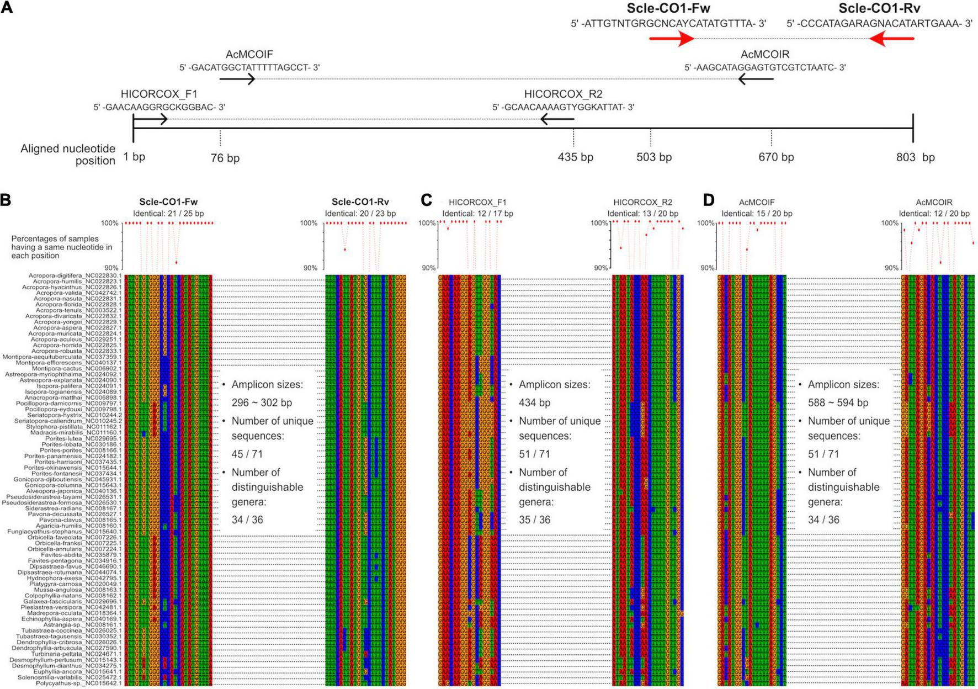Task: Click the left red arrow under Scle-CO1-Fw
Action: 672,39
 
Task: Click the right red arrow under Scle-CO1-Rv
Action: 891,39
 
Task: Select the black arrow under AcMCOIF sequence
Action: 237,79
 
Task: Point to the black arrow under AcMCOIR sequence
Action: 756,79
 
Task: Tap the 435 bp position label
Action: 575,157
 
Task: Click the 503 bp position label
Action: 654,157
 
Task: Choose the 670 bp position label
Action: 776,157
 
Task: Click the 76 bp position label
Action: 225,158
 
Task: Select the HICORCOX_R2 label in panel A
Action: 563,94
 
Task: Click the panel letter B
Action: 6,200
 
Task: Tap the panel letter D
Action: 709,200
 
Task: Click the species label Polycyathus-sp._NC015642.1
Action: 78,683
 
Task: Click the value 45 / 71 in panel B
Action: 247,454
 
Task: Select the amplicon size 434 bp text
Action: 534,403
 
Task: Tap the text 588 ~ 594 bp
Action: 838,403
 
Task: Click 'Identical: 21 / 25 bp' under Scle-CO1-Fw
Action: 168,214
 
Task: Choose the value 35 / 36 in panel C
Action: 534,520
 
